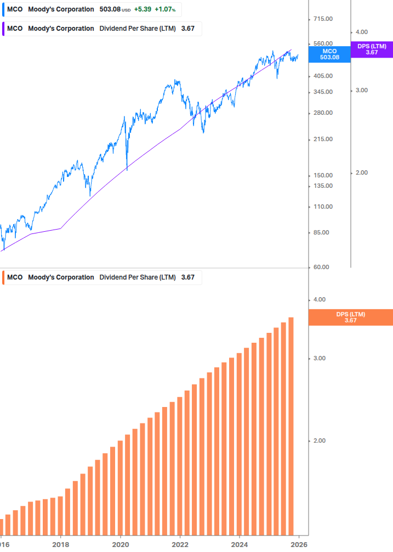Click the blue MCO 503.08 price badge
click(x=329, y=54)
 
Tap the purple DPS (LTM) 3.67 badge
click(x=372, y=49)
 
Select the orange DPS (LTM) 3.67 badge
click(x=351, y=317)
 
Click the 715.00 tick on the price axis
click(x=322, y=19)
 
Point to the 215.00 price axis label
click(x=322, y=139)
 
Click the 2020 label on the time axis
click(x=120, y=545)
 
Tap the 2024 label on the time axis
click(x=240, y=545)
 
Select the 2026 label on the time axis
click(x=299, y=545)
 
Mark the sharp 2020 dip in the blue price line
click(x=127, y=168)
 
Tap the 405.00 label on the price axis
click(x=322, y=76)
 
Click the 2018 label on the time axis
click(x=60, y=545)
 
